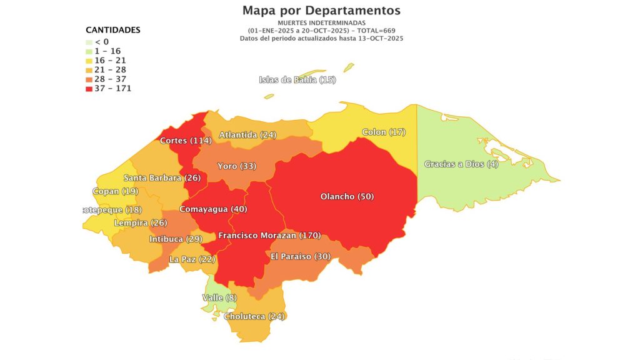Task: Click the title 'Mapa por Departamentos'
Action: click(x=321, y=11)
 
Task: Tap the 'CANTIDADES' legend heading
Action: click(x=112, y=30)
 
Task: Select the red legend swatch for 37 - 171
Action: click(x=89, y=88)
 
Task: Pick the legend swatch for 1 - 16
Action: click(x=89, y=51)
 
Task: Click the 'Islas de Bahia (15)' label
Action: click(x=297, y=79)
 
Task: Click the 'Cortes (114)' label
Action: click(x=185, y=141)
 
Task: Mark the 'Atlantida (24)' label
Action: click(x=247, y=135)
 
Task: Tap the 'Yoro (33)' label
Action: click(x=236, y=166)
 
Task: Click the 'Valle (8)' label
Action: click(x=219, y=298)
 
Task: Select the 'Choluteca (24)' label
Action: click(x=254, y=316)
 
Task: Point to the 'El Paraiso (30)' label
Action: click(x=301, y=256)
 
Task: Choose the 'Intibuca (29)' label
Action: click(x=176, y=239)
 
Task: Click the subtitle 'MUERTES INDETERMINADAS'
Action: click(x=321, y=23)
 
